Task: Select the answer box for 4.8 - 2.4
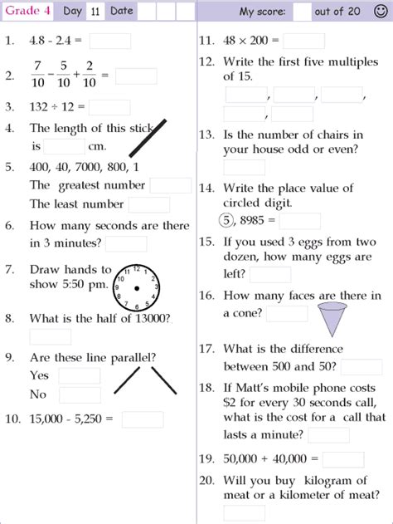[x=109, y=42]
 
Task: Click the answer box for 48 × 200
[x=304, y=42]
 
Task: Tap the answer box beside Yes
[x=80, y=375]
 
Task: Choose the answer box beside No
[x=80, y=395]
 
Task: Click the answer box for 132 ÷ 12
[x=109, y=107]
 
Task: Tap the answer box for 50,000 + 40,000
[x=343, y=459]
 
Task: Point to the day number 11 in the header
[x=95, y=12]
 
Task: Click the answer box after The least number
[x=149, y=204]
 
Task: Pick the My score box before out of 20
[x=303, y=12]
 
